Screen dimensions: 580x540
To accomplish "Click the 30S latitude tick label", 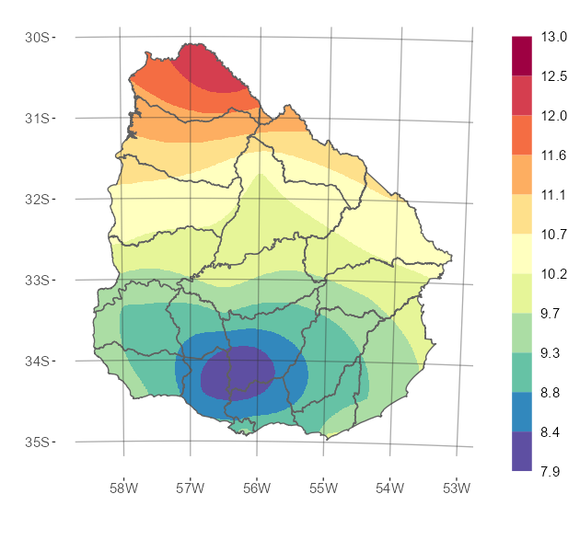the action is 37,37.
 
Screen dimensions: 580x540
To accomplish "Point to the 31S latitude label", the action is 37,118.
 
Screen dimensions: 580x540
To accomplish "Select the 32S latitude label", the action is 37,199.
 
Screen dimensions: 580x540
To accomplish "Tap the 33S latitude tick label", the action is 37,280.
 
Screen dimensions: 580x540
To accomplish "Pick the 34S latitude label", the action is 37,361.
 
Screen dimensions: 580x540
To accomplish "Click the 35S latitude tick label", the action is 37,442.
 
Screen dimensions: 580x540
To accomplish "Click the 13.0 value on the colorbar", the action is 554,37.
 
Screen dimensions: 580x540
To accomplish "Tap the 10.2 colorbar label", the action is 554,273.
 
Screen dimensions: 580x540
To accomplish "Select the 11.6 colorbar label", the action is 554,155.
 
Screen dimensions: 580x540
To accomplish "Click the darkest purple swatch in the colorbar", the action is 521,451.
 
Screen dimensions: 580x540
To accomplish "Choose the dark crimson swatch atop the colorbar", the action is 521,56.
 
